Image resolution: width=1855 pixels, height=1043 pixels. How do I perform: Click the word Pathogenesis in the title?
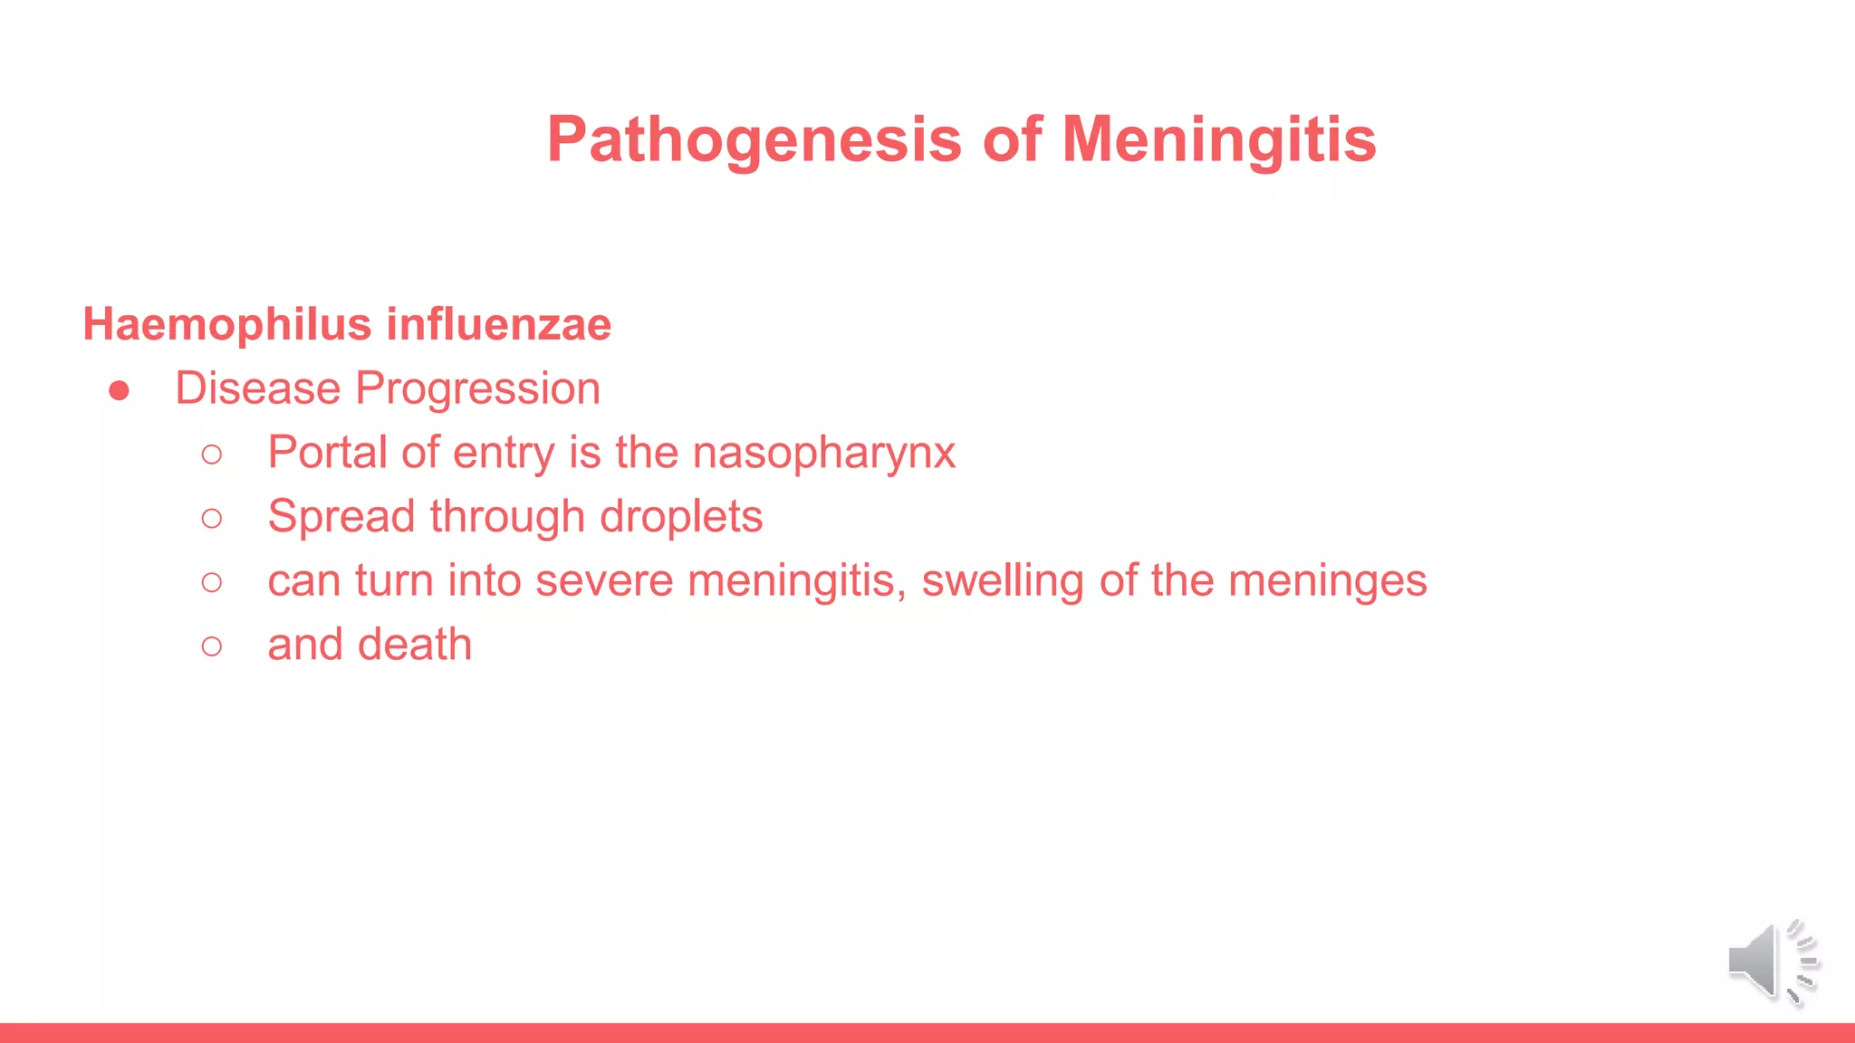pos(754,140)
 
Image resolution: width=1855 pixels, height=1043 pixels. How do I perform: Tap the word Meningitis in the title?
pos(1218,140)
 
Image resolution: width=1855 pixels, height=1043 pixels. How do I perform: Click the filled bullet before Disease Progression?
pos(119,391)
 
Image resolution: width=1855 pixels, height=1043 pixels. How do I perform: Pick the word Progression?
pos(477,389)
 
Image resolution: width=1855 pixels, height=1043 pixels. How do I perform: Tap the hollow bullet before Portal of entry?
pos(212,455)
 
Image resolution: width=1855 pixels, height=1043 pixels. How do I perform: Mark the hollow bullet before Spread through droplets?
pos(212,519)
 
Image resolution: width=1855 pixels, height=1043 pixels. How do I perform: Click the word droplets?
pos(681,517)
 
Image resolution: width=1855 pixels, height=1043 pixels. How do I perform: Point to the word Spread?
pos(341,517)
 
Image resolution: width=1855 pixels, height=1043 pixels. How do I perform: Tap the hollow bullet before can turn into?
pos(212,582)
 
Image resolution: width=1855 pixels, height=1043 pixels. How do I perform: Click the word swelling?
pos(1003,580)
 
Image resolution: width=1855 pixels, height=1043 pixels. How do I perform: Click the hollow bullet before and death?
pos(212,646)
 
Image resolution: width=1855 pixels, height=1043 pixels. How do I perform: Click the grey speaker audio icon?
pos(1771,962)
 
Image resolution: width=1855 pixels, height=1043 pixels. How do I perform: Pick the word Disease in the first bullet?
pos(258,389)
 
